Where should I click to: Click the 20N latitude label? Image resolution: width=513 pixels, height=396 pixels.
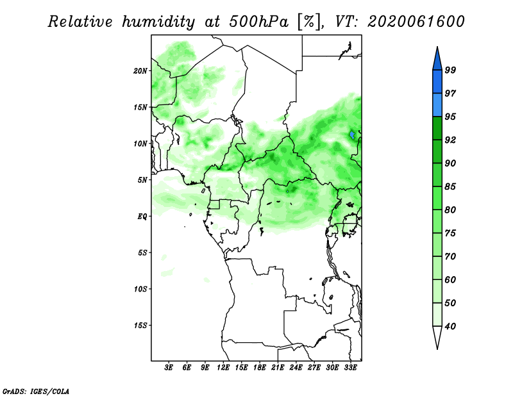click(140, 71)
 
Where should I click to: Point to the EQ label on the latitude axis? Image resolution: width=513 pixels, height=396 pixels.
click(142, 217)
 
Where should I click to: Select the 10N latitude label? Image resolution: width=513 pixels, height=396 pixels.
click(140, 144)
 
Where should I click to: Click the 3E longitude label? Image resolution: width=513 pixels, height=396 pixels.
click(169, 368)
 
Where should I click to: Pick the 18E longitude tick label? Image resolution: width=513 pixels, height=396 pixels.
click(260, 368)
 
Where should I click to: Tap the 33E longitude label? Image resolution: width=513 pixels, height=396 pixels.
click(350, 368)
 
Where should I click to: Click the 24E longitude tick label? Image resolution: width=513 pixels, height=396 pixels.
click(296, 368)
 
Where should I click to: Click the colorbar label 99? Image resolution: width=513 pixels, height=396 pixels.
click(450, 70)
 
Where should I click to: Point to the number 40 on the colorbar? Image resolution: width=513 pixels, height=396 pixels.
click(450, 326)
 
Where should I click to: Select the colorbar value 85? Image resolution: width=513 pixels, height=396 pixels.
click(450, 186)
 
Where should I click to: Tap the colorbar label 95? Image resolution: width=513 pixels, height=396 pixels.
click(450, 117)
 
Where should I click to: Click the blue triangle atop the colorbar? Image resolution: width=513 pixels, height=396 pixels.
click(437, 60)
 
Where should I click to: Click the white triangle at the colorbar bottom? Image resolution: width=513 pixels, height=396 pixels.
click(437, 336)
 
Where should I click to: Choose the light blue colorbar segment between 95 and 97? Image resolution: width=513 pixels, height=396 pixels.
click(437, 105)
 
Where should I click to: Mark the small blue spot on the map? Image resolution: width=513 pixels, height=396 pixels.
click(352, 135)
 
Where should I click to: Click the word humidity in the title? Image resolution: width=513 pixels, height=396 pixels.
click(158, 22)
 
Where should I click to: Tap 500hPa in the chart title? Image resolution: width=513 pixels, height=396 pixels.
click(258, 22)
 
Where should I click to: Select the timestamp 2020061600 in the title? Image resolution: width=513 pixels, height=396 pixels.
click(416, 22)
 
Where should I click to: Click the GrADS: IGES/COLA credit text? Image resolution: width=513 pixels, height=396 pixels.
click(36, 392)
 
